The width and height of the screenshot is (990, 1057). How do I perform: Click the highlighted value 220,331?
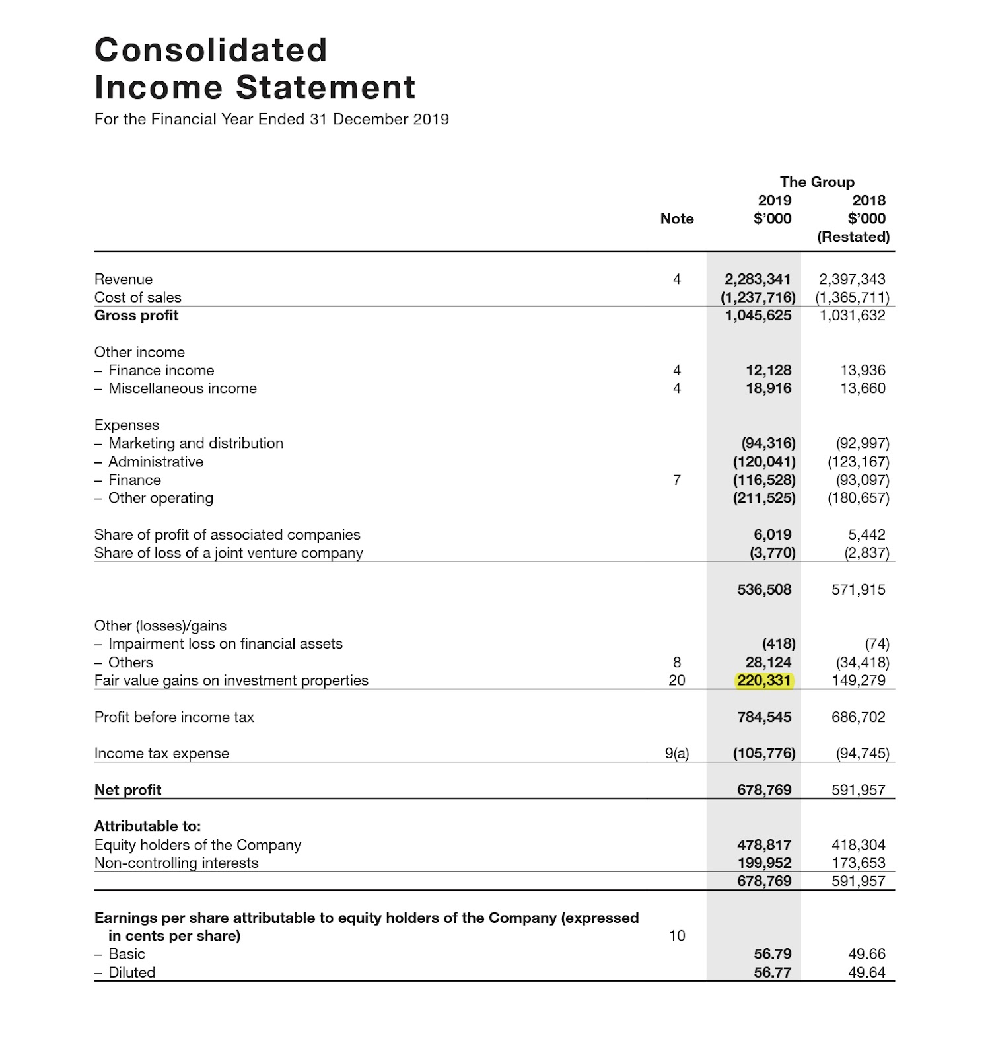[x=764, y=680]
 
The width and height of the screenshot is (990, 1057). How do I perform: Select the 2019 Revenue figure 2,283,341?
[x=758, y=279]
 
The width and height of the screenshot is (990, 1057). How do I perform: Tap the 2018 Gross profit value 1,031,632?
[x=852, y=315]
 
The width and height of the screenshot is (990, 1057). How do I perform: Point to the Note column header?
[x=677, y=219]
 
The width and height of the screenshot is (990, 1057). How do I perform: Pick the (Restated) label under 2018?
[x=853, y=237]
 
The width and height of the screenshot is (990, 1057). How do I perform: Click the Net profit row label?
[x=127, y=790]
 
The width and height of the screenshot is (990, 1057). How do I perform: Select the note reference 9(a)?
[x=677, y=753]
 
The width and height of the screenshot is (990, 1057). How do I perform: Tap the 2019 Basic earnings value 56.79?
[x=773, y=954]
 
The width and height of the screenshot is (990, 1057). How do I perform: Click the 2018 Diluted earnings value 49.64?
[x=866, y=972]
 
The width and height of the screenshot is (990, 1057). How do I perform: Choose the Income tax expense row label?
[x=162, y=753]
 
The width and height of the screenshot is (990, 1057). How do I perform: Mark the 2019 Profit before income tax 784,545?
[x=764, y=717]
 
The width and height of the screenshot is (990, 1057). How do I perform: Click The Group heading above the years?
[x=817, y=182]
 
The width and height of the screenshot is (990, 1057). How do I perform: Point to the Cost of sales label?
[x=137, y=297]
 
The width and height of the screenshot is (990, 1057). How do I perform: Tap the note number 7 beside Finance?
[x=677, y=480]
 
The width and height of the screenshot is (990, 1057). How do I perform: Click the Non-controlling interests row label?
[x=176, y=863]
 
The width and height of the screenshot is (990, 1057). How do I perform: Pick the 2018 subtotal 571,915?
[x=858, y=589]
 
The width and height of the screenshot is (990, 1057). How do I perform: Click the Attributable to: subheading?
[x=147, y=826]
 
